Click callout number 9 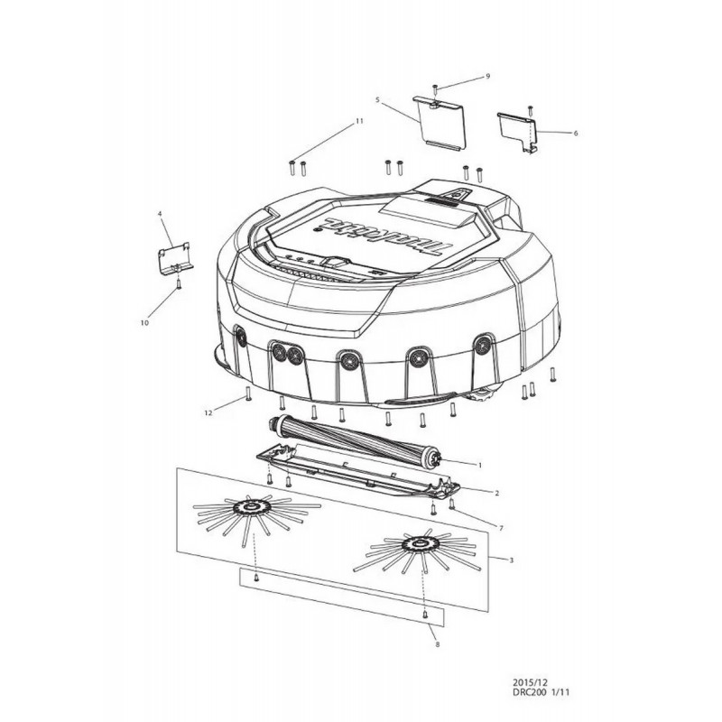488,76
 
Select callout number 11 359,121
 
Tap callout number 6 575,133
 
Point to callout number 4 160,214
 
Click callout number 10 144,323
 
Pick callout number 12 208,413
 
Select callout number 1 480,466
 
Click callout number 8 437,644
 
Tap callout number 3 511,560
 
